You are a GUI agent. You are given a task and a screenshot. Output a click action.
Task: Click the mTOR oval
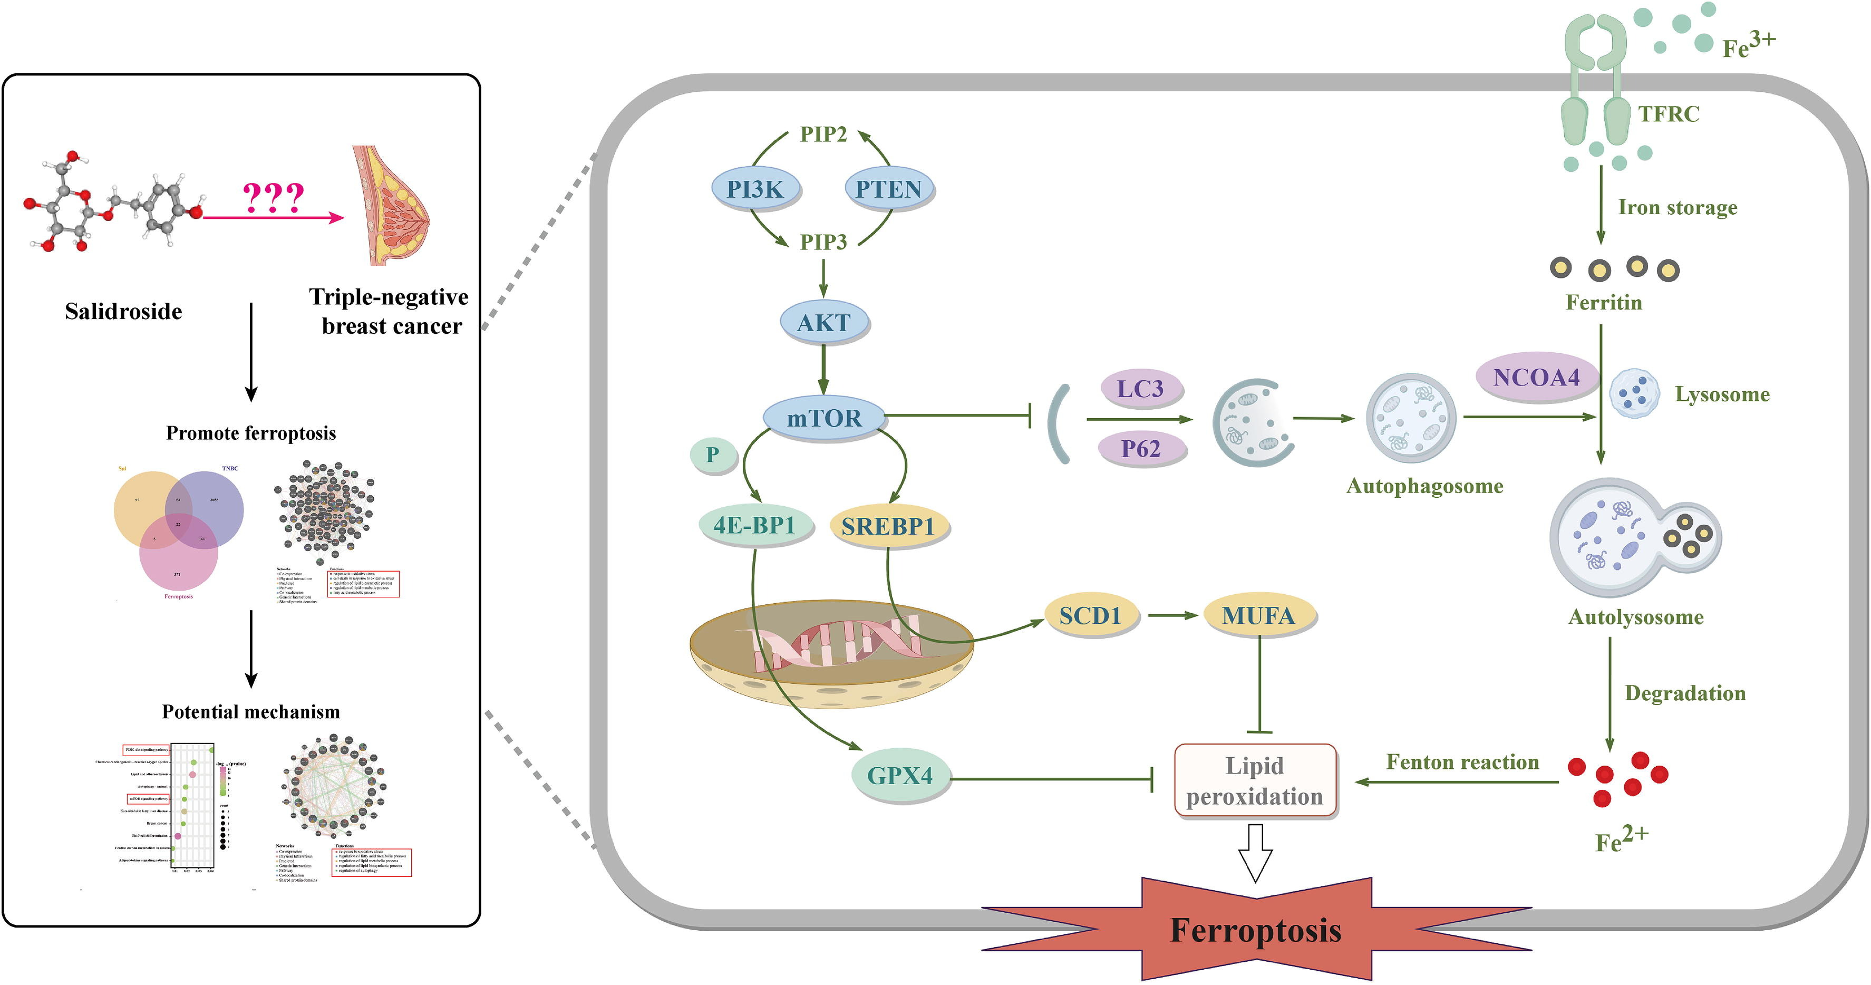823,418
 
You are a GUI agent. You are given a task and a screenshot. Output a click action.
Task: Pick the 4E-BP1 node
754,525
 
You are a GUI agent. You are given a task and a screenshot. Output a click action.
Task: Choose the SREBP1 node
888,526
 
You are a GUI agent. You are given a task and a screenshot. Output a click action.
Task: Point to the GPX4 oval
900,775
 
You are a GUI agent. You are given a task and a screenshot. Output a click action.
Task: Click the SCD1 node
1090,615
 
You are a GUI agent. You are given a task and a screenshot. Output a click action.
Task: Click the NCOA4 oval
1536,377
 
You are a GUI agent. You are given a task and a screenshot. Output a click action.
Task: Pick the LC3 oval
1140,389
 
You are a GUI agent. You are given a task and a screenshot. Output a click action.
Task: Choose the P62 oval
1141,448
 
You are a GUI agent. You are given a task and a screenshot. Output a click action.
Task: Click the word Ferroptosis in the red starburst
1256,931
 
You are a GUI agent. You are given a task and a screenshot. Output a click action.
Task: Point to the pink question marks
273,197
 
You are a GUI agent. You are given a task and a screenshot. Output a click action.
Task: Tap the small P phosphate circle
713,455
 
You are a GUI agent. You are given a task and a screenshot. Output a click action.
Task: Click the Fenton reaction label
1462,762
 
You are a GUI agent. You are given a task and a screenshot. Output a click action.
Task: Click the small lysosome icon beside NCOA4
1634,393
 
